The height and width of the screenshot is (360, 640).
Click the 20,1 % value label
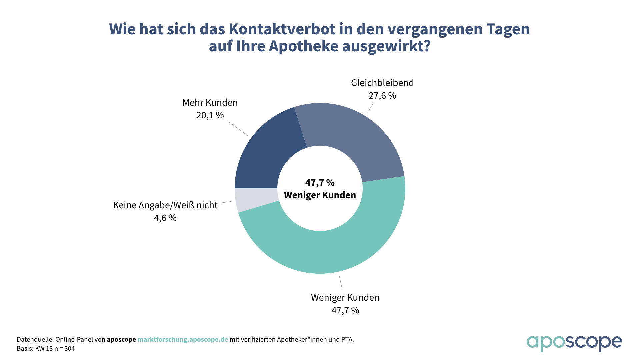tap(210, 115)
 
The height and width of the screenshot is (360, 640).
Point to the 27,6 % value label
tap(382, 96)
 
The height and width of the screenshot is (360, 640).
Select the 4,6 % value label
tap(165, 218)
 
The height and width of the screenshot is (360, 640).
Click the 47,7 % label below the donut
tap(345, 310)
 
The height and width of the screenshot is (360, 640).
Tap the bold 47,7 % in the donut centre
tap(320, 183)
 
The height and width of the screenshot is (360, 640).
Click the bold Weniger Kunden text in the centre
tap(320, 195)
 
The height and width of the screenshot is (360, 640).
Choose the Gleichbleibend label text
tap(382, 83)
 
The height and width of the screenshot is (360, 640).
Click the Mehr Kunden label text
tap(210, 102)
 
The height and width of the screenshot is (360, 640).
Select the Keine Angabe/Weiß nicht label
tap(165, 205)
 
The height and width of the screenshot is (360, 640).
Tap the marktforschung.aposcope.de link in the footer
tap(183, 339)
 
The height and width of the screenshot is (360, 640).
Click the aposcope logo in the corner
tap(574, 343)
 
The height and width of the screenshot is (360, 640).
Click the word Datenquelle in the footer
tap(35, 339)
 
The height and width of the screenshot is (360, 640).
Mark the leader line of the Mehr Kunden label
tap(238, 129)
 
